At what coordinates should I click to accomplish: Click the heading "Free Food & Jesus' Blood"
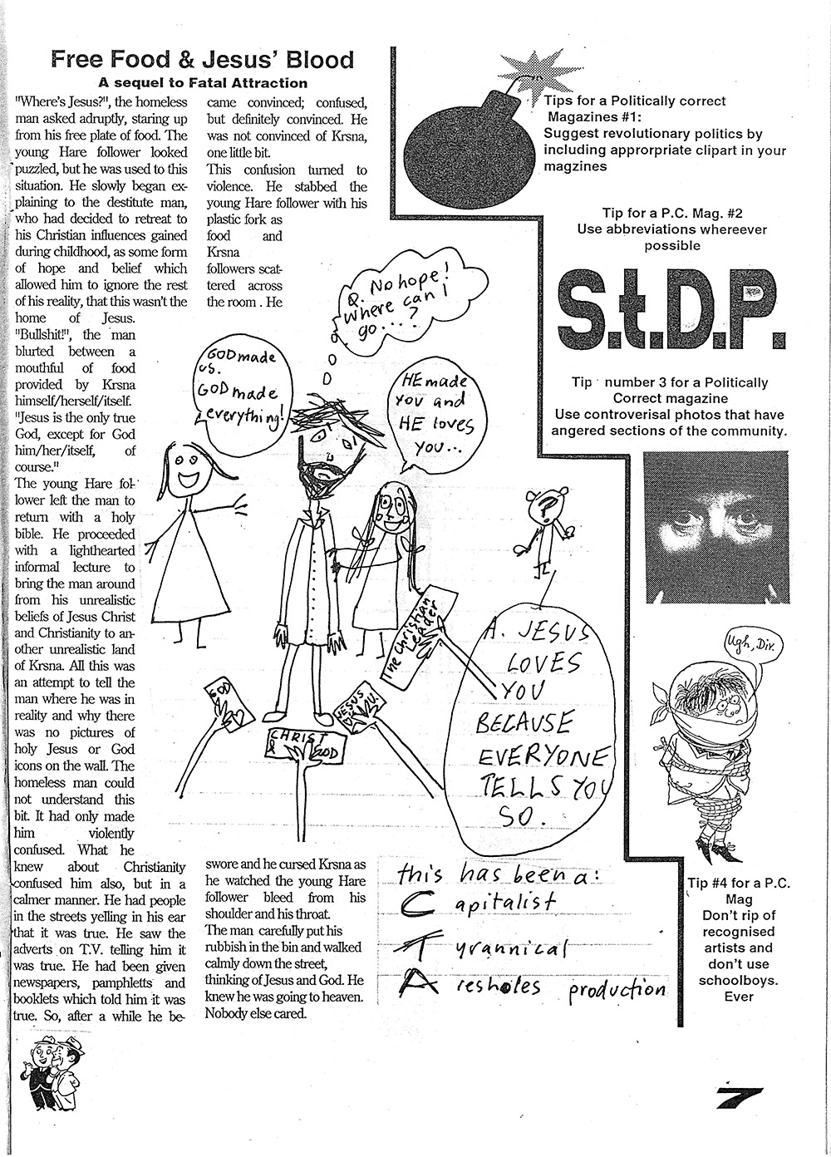click(x=202, y=60)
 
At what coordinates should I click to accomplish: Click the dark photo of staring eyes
click(x=715, y=527)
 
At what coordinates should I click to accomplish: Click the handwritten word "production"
click(x=617, y=988)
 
